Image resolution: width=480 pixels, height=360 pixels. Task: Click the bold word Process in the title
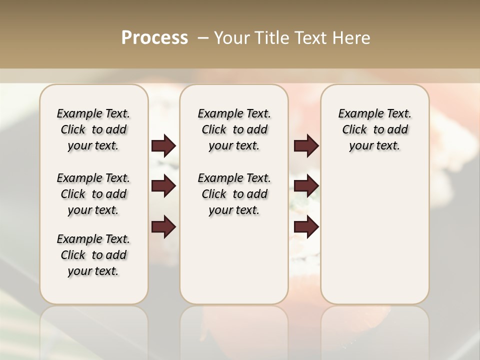154,38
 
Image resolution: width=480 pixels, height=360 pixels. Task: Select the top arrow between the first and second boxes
163,145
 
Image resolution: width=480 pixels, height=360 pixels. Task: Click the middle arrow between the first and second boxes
163,186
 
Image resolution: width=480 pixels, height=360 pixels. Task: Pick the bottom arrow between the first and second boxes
163,227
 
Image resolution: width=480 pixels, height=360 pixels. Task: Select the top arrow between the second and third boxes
306,145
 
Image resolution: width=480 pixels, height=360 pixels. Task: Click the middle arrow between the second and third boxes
306,186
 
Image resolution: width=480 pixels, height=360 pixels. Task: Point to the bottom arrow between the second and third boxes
306,227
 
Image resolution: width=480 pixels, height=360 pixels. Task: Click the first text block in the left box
93,129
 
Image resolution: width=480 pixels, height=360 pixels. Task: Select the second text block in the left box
93,194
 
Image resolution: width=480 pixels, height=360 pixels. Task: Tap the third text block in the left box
93,255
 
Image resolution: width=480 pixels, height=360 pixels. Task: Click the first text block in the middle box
234,129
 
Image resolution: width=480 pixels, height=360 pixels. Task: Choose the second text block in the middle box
234,194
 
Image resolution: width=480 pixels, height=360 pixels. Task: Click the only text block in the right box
374,129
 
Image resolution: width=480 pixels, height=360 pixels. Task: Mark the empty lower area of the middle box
234,260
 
